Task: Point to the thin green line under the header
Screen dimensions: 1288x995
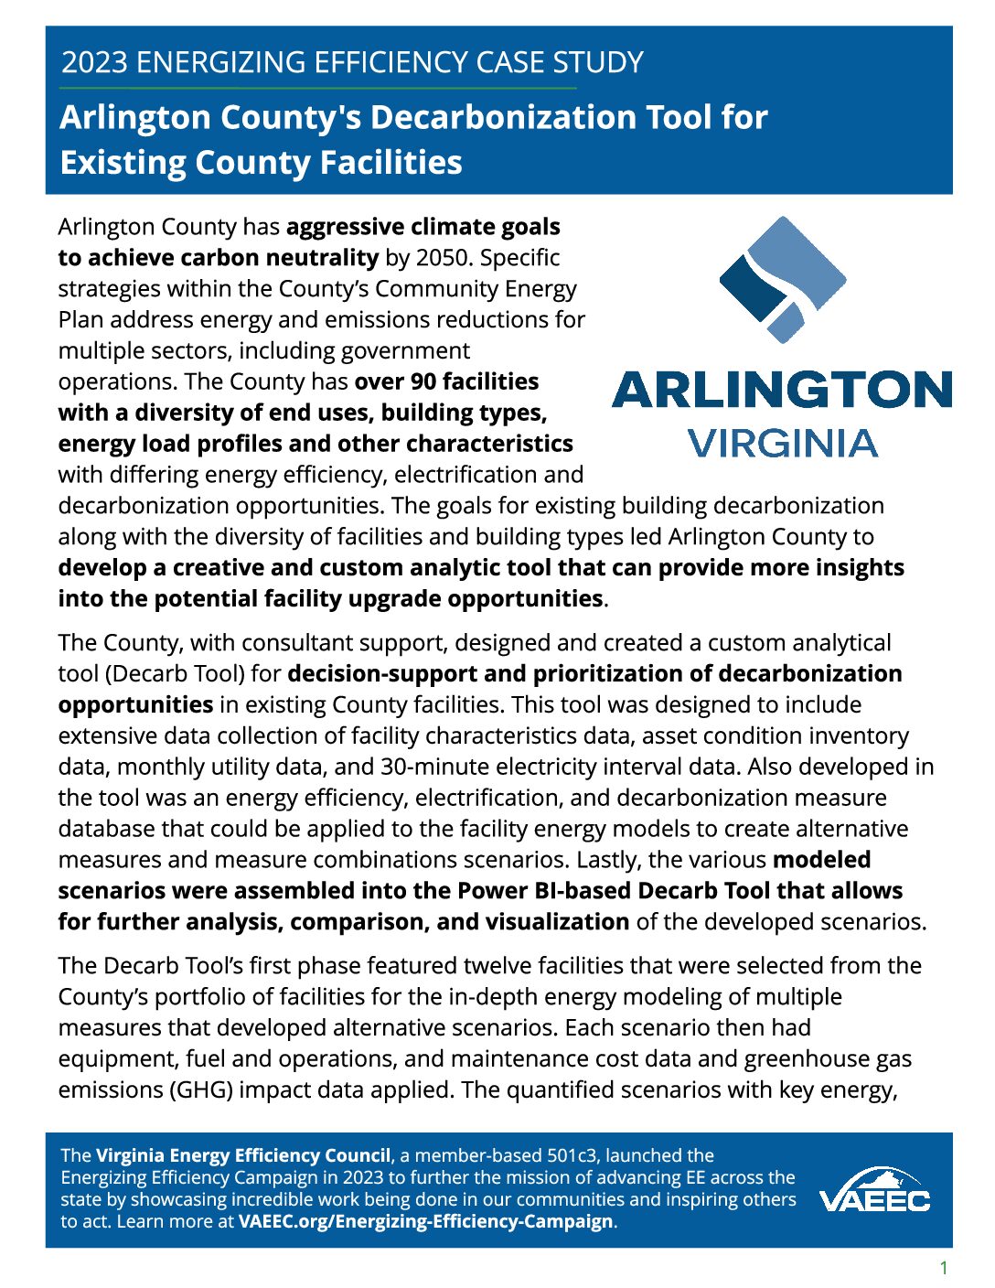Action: tap(317, 88)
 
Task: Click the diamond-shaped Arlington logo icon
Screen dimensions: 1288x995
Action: tap(782, 279)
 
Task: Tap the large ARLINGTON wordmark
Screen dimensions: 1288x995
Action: tap(782, 390)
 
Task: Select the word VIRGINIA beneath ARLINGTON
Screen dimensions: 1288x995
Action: tap(782, 444)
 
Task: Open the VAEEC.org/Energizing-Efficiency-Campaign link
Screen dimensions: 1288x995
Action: tap(425, 1221)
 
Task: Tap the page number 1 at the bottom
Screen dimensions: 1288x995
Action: tap(944, 1268)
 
